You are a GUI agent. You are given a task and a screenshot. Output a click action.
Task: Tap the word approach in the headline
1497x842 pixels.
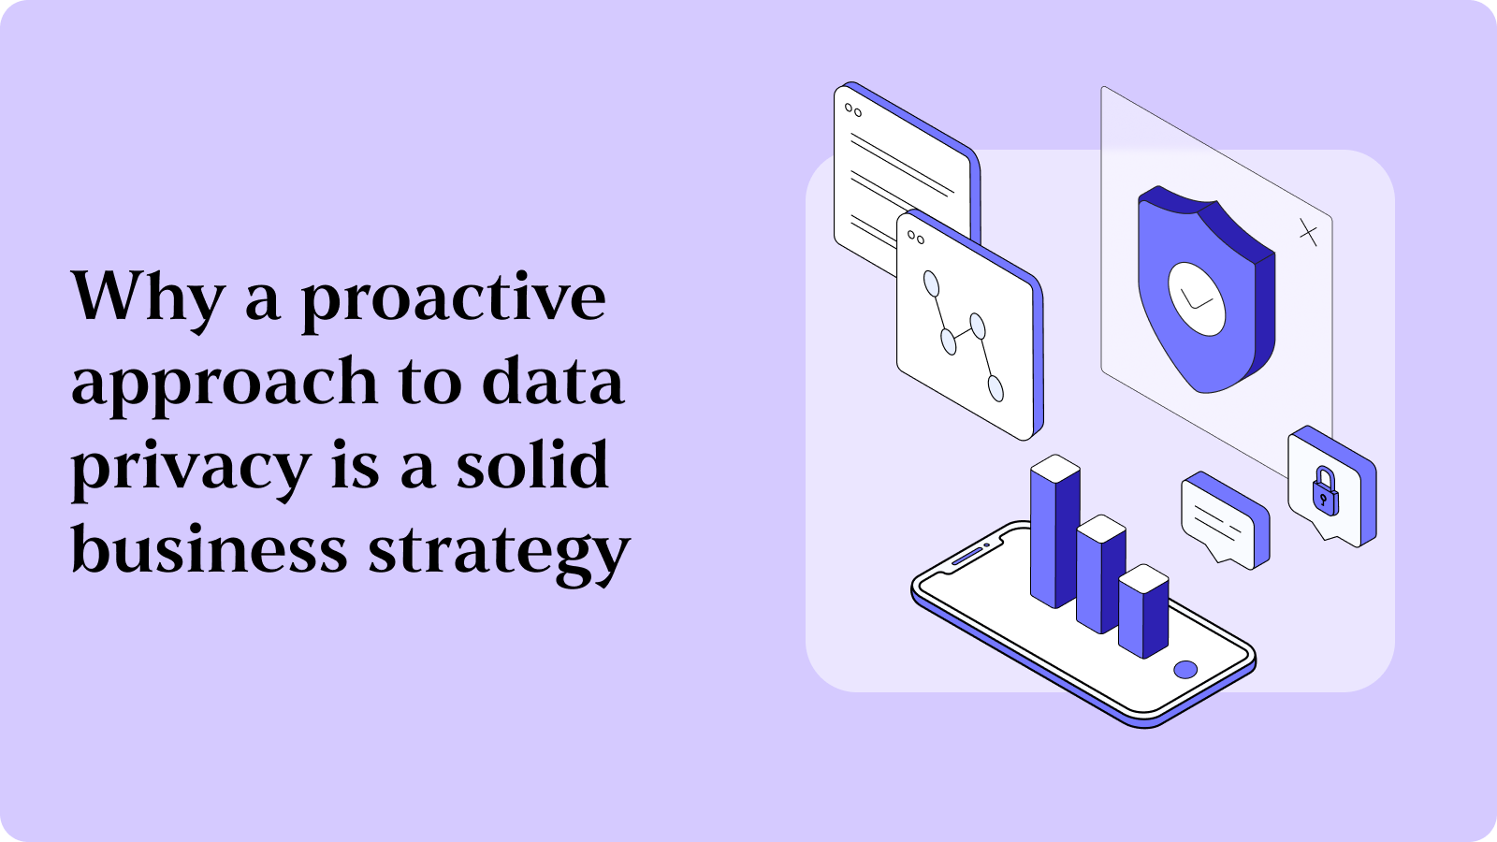click(x=224, y=384)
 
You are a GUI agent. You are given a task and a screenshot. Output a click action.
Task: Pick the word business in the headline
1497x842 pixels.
click(x=209, y=549)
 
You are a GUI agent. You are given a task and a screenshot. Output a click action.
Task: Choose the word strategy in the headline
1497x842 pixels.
click(x=499, y=552)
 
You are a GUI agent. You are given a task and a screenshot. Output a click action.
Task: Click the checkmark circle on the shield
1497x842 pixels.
click(x=1197, y=298)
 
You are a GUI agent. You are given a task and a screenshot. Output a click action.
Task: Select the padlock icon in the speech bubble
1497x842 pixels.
click(x=1325, y=489)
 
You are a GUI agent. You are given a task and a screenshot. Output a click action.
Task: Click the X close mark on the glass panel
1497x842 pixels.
click(x=1308, y=232)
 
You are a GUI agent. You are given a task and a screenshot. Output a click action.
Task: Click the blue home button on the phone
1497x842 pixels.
click(x=1185, y=669)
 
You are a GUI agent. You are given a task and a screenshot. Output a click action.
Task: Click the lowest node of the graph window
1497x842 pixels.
click(x=996, y=387)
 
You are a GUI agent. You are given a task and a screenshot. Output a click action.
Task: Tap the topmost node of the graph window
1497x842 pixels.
click(x=930, y=283)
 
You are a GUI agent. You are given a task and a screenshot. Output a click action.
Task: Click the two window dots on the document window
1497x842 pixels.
click(x=852, y=110)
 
